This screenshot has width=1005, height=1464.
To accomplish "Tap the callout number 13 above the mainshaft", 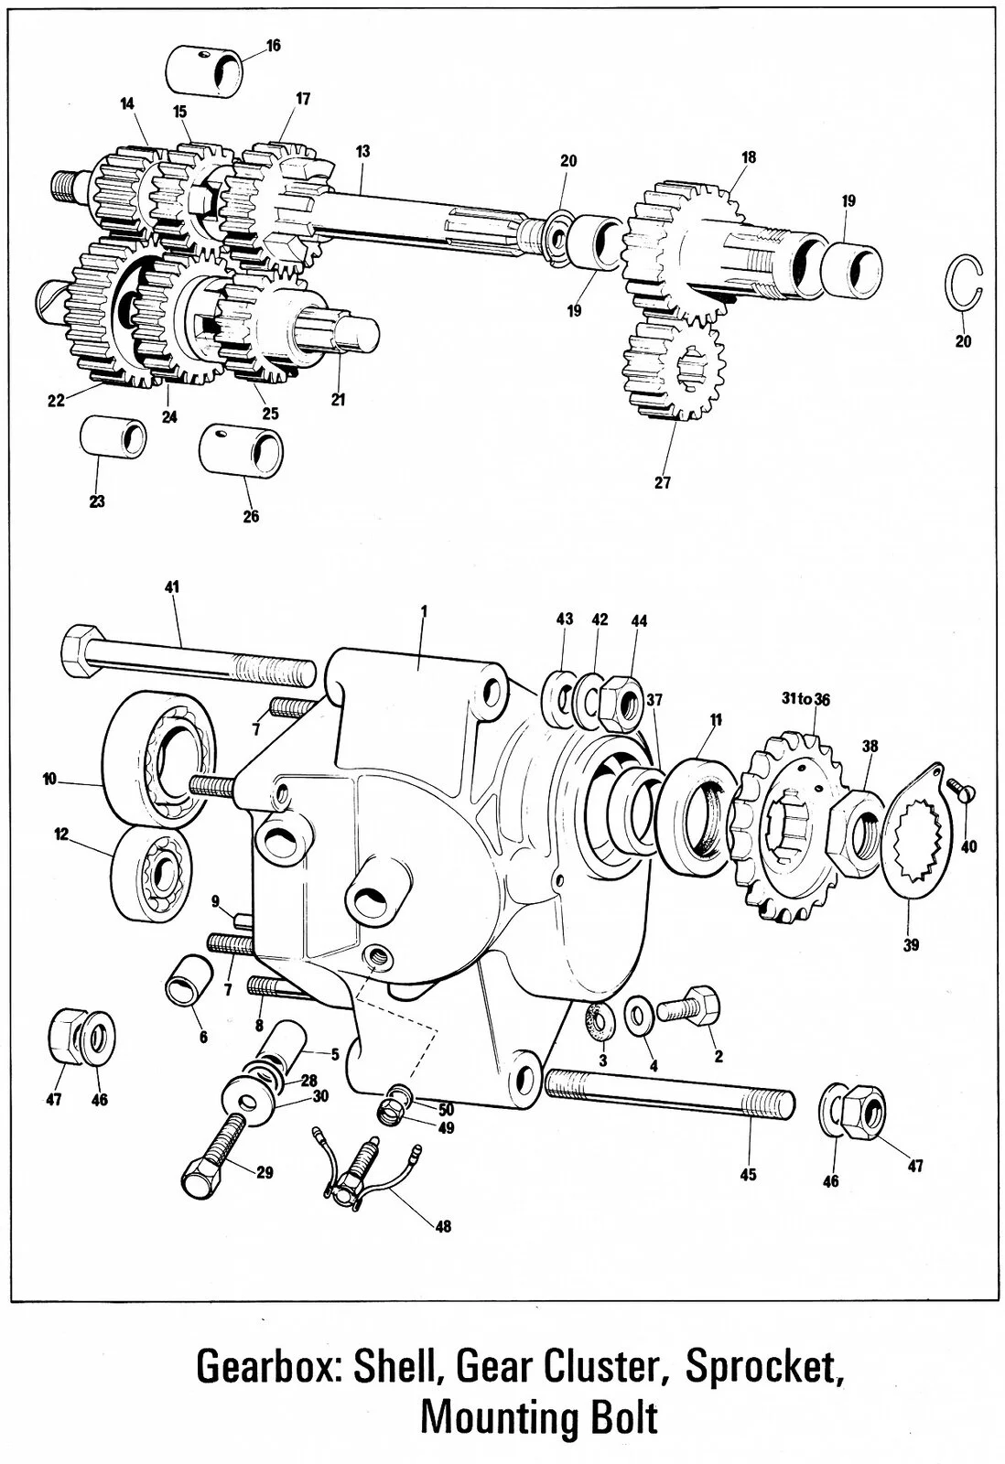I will (x=363, y=151).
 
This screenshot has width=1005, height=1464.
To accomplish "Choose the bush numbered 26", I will (x=242, y=451).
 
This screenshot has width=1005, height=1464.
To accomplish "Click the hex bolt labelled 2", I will (x=690, y=1007).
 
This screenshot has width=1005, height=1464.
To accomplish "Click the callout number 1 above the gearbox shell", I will (x=425, y=608).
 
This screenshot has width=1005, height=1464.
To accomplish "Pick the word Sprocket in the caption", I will (x=762, y=1366).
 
